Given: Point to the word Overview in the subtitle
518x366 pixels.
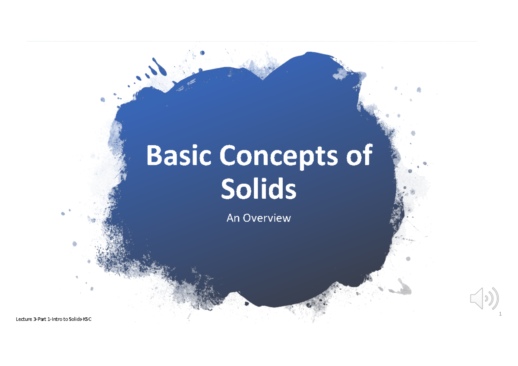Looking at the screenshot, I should tap(267, 218).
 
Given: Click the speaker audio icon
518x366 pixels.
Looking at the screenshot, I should tap(483, 298).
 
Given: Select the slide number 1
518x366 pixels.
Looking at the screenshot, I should tap(500, 314).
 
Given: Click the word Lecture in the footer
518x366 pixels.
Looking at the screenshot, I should tap(23, 319).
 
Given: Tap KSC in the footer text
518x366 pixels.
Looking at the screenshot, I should tap(88, 319).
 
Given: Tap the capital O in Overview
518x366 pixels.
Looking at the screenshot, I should tap(247, 218).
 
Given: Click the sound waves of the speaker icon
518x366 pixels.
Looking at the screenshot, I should tap(492, 298).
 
